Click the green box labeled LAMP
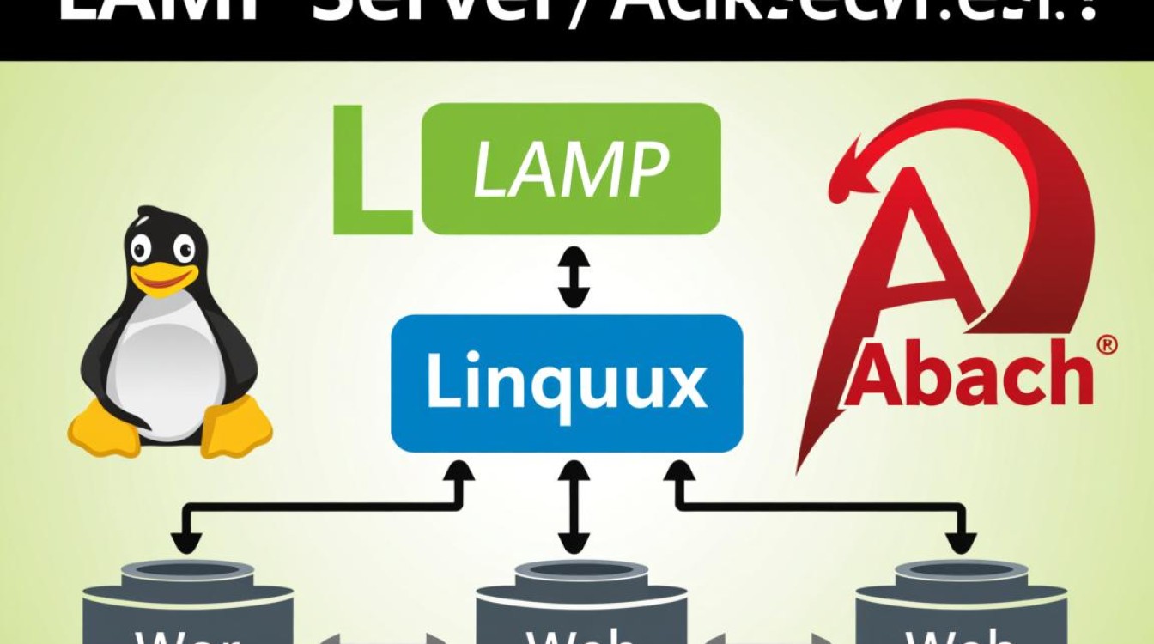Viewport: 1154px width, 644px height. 571,168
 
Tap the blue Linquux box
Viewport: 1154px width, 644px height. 566,383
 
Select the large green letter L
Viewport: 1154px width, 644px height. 372,172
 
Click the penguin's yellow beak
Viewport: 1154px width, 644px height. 163,276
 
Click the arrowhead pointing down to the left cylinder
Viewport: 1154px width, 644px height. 184,542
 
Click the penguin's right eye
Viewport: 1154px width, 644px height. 184,249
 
